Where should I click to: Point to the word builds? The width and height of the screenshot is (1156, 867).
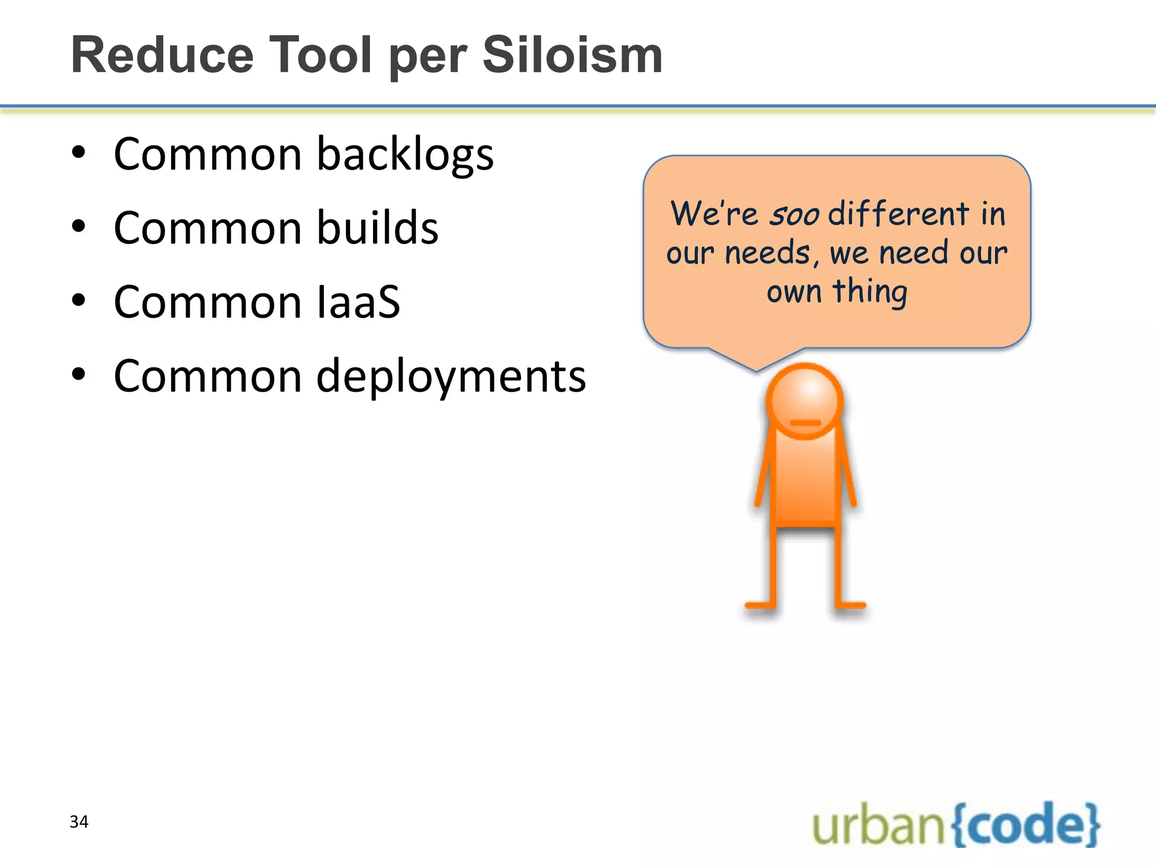click(x=377, y=227)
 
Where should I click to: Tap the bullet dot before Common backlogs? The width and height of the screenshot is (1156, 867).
click(x=78, y=152)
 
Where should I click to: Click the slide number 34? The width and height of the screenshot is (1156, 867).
click(x=79, y=822)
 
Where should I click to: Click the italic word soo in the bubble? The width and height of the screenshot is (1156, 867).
click(x=794, y=214)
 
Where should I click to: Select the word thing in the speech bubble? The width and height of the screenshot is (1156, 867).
click(x=870, y=292)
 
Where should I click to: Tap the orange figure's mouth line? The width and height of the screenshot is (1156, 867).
click(x=805, y=423)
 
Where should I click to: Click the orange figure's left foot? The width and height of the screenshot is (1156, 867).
click(x=760, y=605)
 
